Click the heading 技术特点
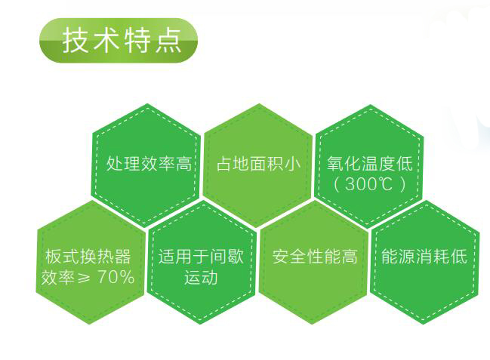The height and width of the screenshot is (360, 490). coord(122,41)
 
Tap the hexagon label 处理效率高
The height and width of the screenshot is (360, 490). coord(149,164)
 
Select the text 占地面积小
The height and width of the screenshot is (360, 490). coord(258,164)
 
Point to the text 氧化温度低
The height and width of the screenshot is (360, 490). coord(370,164)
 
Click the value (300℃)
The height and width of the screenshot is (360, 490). coord(370,183)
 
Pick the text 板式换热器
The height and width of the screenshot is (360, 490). coord(88,257)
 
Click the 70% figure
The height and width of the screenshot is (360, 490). coord(116,276)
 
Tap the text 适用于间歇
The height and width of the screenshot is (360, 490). coord(201,257)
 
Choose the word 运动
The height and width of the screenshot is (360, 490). coord(201,277)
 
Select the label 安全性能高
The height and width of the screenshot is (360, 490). coord(315,257)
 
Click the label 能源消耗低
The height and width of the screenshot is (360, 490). coord(424,257)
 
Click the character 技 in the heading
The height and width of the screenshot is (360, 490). coord(74,41)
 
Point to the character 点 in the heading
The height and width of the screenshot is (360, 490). coord(169,41)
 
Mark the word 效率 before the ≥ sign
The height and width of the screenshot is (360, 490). coord(58,277)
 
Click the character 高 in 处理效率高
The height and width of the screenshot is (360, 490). coord(183,164)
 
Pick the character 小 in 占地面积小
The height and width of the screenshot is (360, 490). coord(293,164)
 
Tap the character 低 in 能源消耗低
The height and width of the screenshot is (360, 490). coord(459,257)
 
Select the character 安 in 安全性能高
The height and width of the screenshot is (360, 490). coord(280,257)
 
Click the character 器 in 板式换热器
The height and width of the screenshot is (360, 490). coord(123,257)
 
